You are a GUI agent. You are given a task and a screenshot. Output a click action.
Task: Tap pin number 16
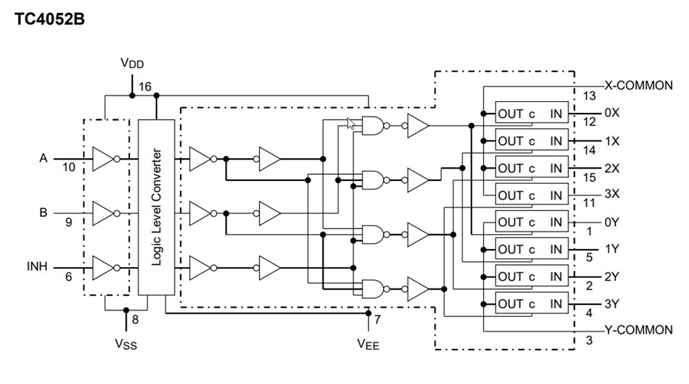[x=145, y=87]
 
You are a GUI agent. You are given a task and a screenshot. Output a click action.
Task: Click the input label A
[x=43, y=158]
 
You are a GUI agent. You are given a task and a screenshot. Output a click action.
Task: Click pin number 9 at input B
[x=68, y=222]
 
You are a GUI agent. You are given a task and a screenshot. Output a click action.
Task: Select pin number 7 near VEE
[x=377, y=320]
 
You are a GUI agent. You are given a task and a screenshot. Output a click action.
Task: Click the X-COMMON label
[x=638, y=86]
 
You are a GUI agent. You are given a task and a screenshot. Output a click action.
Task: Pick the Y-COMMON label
[x=638, y=330]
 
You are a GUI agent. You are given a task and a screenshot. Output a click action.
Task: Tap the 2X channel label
[x=611, y=168]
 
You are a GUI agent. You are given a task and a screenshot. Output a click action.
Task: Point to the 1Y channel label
[x=611, y=249]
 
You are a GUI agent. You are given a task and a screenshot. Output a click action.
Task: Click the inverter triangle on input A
[x=103, y=160]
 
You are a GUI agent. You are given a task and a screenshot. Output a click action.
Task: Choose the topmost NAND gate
[x=371, y=126]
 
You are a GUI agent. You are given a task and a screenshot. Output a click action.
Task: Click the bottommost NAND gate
[x=371, y=288]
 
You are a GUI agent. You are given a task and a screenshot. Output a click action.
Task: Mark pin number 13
[x=589, y=96]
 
